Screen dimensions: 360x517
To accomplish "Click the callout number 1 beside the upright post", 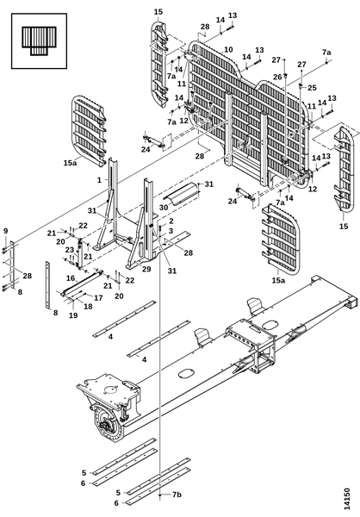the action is tap(99, 180).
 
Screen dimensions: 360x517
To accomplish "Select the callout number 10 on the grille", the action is tap(228, 50).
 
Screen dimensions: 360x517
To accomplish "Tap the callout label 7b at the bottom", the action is tap(177, 495).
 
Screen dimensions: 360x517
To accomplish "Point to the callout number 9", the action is tap(6, 231).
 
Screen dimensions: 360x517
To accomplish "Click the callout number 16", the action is tap(71, 278).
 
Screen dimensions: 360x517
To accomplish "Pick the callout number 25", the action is tap(312, 88).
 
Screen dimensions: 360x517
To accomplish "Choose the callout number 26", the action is tap(277, 77).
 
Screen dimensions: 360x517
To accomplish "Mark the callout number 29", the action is tap(146, 269).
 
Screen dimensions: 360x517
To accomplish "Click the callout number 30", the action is tap(164, 207).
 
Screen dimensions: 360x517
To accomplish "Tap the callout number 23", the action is tap(69, 250).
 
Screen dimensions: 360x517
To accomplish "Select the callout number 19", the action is tap(73, 315).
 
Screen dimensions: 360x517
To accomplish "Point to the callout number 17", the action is tap(98, 298).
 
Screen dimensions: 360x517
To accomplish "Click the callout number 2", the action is tap(171, 221).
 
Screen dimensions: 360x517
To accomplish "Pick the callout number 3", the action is tap(171, 231).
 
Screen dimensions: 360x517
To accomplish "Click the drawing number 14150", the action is tap(346, 499).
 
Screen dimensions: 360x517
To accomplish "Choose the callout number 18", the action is tap(88, 306).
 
